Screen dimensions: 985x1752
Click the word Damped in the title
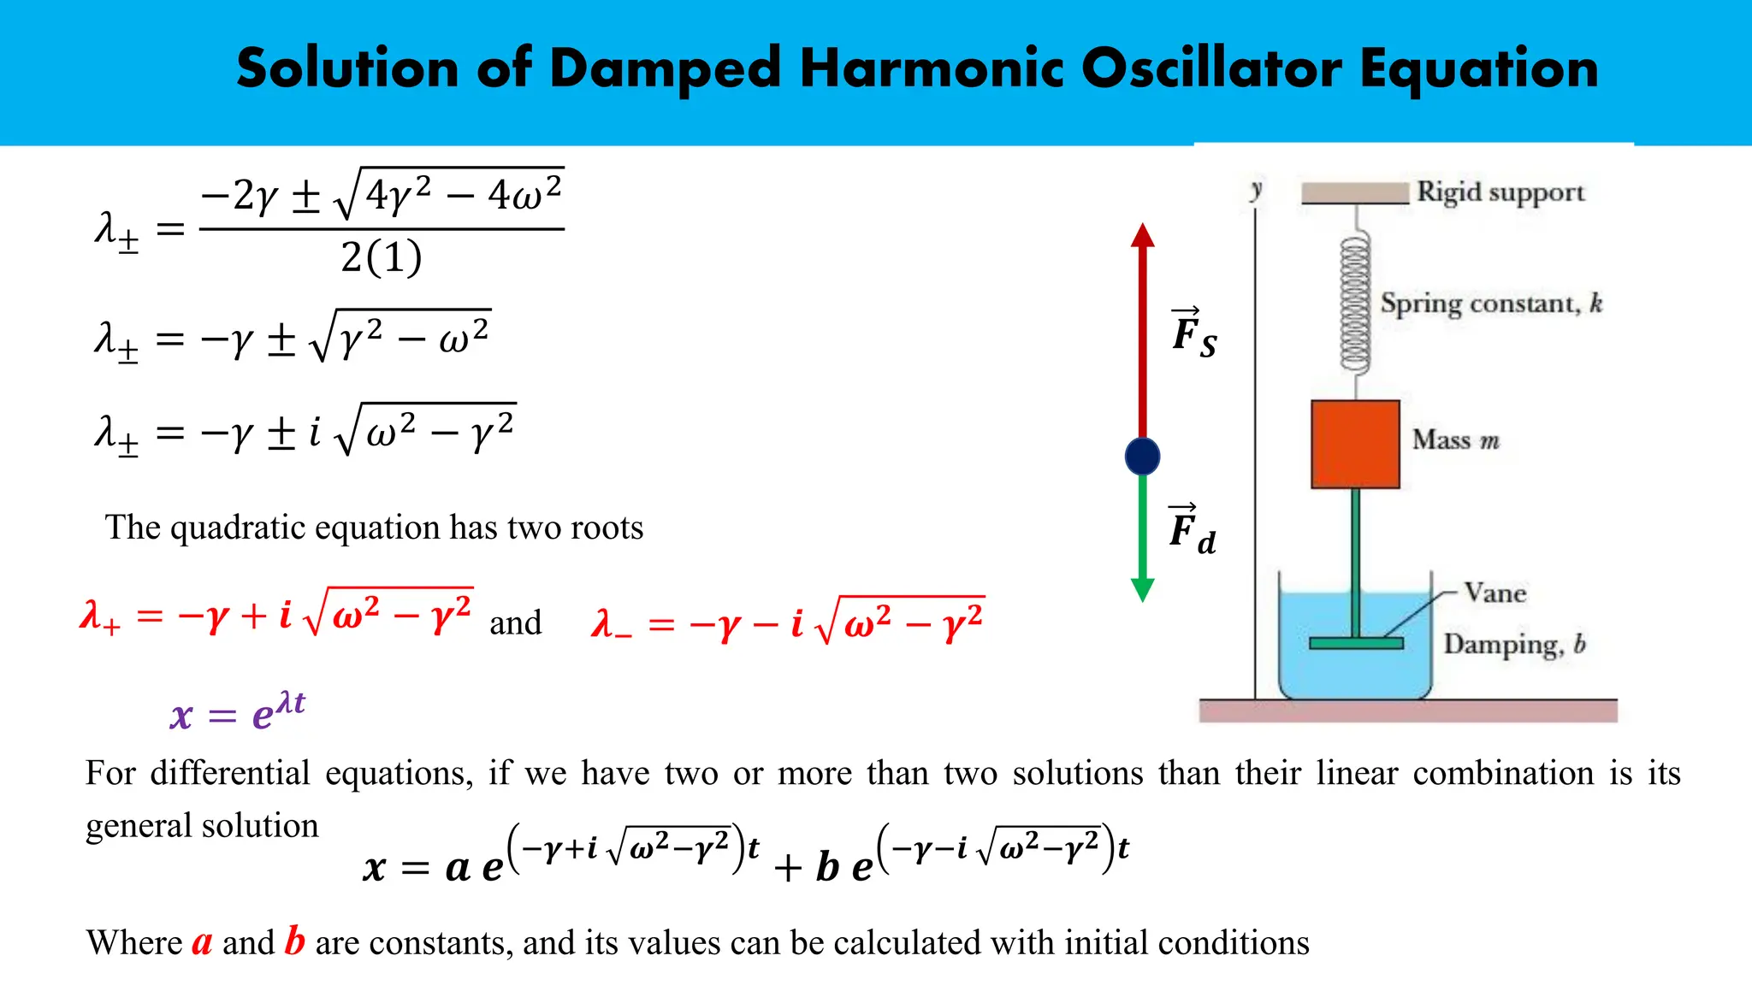coord(665,68)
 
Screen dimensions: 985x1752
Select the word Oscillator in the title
coord(1211,68)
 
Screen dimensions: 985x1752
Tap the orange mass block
coord(1355,444)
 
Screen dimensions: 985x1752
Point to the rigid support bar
coord(1354,193)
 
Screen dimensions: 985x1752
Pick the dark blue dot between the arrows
coord(1142,456)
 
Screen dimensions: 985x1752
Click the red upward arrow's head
coord(1142,235)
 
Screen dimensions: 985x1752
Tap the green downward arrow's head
coord(1142,590)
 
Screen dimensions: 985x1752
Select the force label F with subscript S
coord(1193,333)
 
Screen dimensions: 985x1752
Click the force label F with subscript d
coord(1192,531)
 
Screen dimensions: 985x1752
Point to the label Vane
coord(1495,593)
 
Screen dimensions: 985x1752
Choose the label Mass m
coord(1455,439)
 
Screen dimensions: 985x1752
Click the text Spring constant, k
coord(1490,304)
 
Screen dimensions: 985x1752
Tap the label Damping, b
coord(1514,644)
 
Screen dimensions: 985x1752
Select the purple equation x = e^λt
coord(238,711)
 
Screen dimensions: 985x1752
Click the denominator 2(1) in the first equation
coord(382,257)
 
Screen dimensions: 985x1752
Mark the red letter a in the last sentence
coord(202,942)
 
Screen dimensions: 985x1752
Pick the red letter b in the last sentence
coord(294,941)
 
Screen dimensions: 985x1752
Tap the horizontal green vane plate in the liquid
coord(1356,643)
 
